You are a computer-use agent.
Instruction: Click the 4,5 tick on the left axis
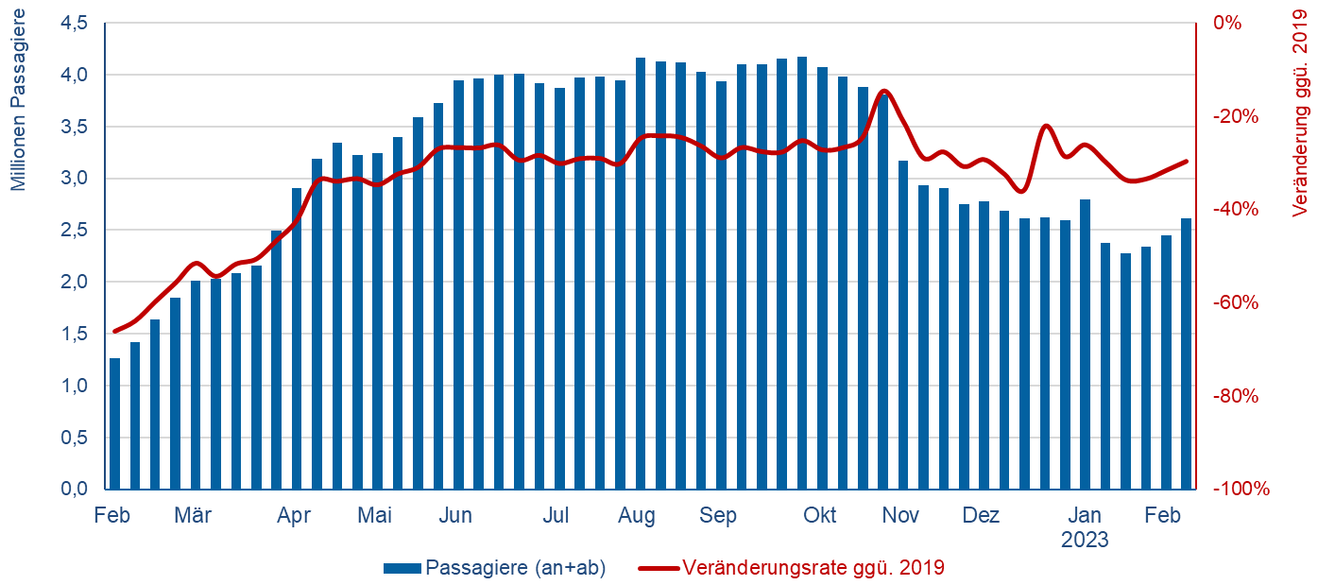pyautogui.click(x=73, y=23)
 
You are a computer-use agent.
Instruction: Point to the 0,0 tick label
pyautogui.click(x=73, y=490)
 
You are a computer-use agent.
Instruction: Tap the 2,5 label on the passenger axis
pyautogui.click(x=73, y=230)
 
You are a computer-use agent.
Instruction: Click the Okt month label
pyautogui.click(x=819, y=516)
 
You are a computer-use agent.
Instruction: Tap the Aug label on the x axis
pyautogui.click(x=637, y=516)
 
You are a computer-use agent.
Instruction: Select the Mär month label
pyautogui.click(x=194, y=516)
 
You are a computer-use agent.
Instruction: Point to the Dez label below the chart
pyautogui.click(x=981, y=516)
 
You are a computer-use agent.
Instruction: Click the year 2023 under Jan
pyautogui.click(x=1084, y=541)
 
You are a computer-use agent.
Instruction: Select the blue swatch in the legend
pyautogui.click(x=402, y=568)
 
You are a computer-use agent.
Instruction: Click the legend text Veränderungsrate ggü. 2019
pyautogui.click(x=813, y=568)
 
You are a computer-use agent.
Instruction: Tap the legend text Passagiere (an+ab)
pyautogui.click(x=516, y=568)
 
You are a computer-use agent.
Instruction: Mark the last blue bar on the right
pyautogui.click(x=1186, y=353)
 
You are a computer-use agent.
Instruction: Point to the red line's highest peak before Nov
pyautogui.click(x=883, y=91)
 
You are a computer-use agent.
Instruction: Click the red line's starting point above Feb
pyautogui.click(x=115, y=331)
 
